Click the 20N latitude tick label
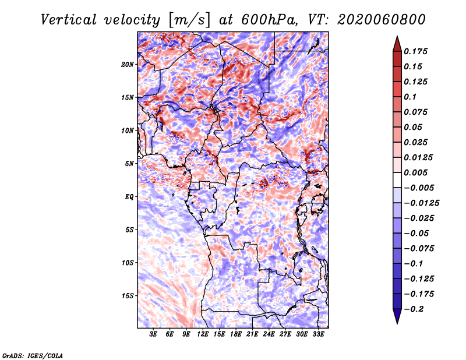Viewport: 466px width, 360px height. (x=128, y=65)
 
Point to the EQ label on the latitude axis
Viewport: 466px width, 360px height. (x=129, y=197)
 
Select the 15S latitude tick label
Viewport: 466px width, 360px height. (x=128, y=296)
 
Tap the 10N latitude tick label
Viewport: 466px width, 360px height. (x=128, y=130)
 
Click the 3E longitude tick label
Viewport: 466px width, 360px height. (x=153, y=334)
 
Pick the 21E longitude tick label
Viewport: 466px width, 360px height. (x=252, y=334)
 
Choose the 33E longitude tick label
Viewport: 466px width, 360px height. (x=318, y=334)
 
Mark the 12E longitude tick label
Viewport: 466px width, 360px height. (x=203, y=334)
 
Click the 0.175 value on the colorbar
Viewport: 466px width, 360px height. (x=415, y=51)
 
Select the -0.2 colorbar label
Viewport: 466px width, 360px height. (x=414, y=309)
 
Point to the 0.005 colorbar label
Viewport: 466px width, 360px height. (x=415, y=172)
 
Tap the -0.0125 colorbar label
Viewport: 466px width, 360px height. (x=421, y=203)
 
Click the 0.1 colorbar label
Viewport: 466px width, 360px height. (x=410, y=97)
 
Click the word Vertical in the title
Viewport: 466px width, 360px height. (x=69, y=20)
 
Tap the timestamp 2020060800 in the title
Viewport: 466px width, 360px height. (x=382, y=20)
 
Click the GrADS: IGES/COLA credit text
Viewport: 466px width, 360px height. (x=33, y=356)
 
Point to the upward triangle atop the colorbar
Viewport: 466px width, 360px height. (x=397, y=44)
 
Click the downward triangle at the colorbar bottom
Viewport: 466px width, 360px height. (x=397, y=316)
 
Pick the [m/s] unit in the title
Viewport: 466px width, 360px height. (x=189, y=20)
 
